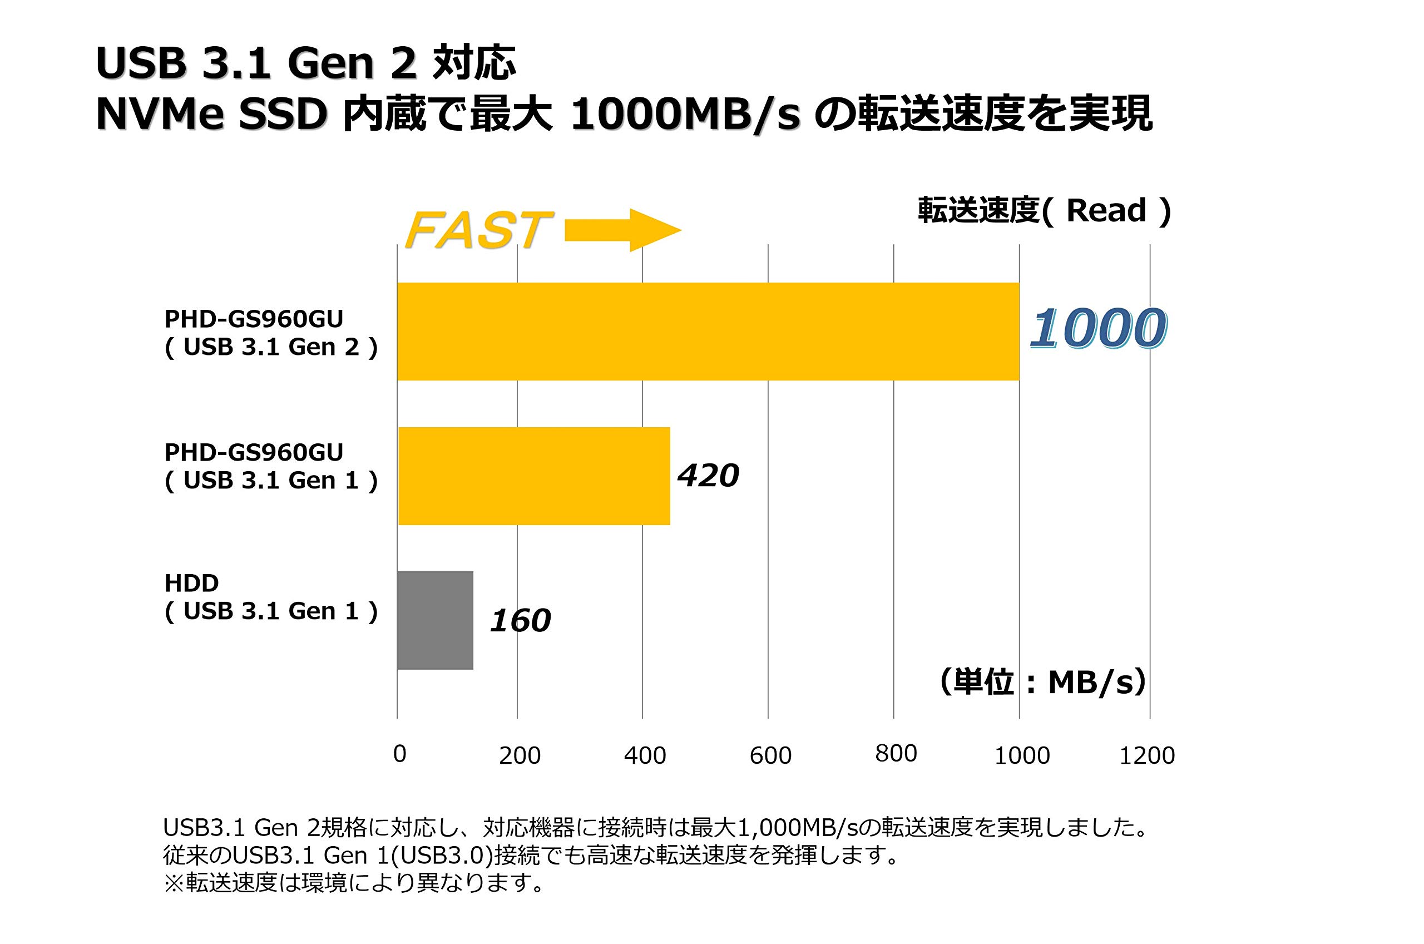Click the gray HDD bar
click(435, 620)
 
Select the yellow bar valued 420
click(534, 476)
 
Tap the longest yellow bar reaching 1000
click(708, 331)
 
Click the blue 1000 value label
click(1099, 329)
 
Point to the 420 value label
click(708, 476)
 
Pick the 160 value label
click(520, 621)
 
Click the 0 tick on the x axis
click(399, 754)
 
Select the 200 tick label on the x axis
click(520, 755)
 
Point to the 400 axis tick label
click(645, 755)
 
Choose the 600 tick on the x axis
click(770, 755)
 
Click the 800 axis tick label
click(896, 753)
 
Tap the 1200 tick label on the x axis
click(1146, 755)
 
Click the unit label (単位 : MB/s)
click(1042, 683)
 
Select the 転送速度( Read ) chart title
click(1044, 211)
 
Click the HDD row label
click(191, 583)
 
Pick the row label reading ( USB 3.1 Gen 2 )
click(271, 347)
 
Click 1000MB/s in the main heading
click(685, 115)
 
